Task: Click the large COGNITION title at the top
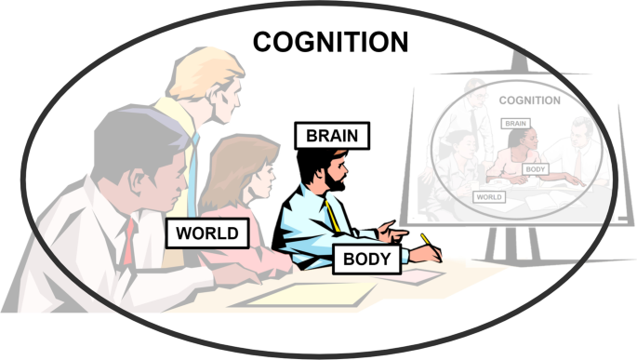coord(331,42)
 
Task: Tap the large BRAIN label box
coord(332,135)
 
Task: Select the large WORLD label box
coord(207,233)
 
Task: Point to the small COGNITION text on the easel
coord(529,100)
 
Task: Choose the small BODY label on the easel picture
coord(535,168)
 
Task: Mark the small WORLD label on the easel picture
coord(488,196)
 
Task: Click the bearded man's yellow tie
coord(333,217)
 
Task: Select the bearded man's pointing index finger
coord(399,225)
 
